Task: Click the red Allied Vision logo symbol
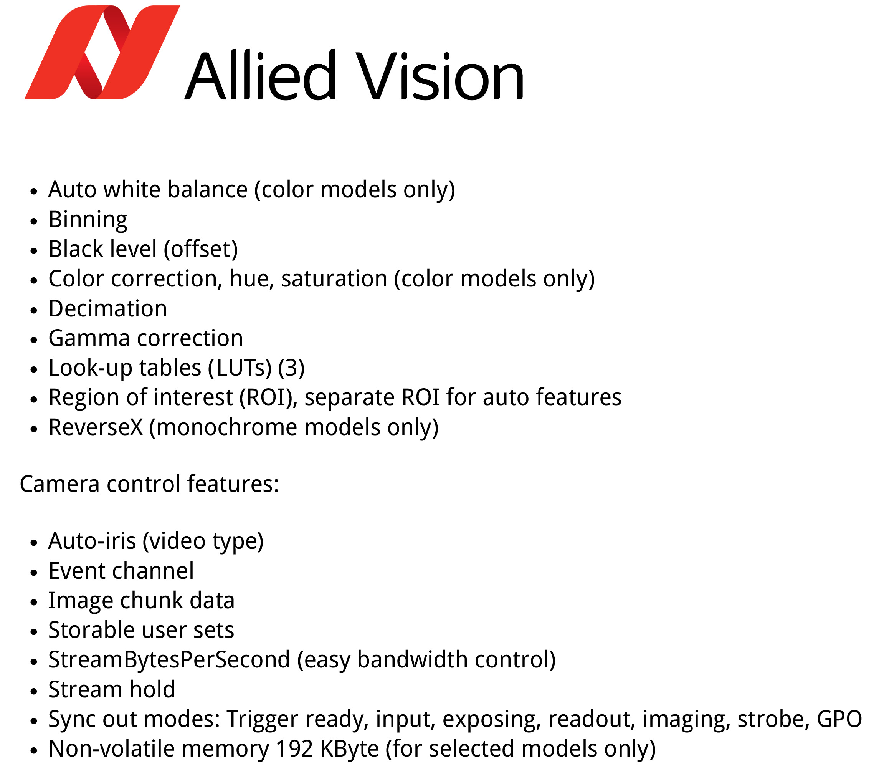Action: point(102,53)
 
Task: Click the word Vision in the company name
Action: point(439,75)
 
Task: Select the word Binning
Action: point(88,220)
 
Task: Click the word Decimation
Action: point(108,308)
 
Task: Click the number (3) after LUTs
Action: point(291,368)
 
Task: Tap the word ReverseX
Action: point(96,427)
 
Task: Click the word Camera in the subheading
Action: point(60,484)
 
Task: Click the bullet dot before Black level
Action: point(34,250)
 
